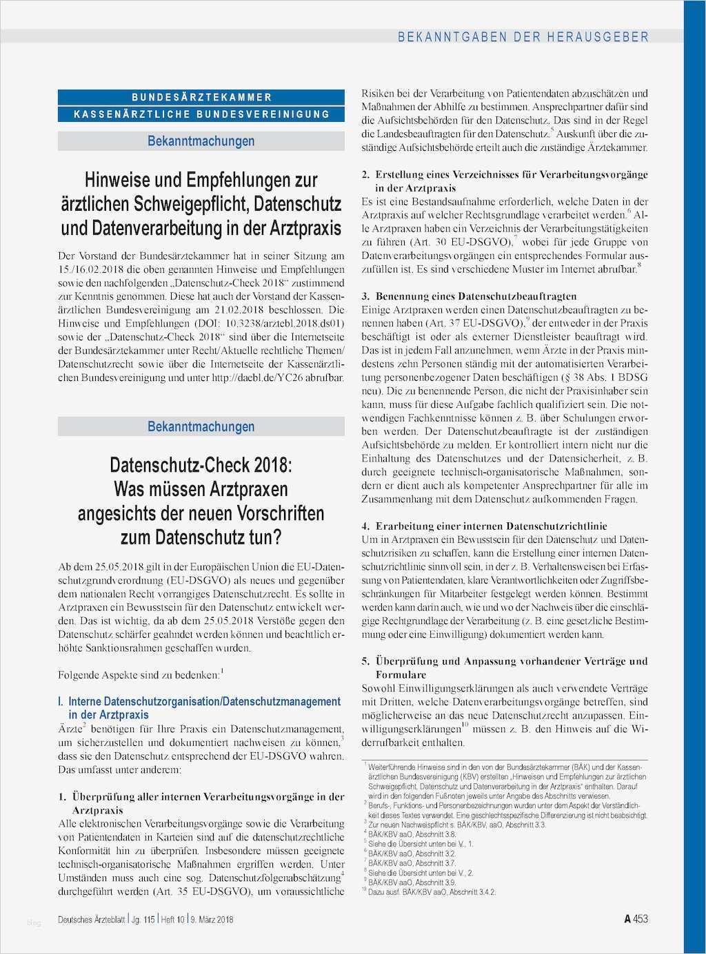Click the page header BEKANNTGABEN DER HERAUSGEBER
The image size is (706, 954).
pyautogui.click(x=523, y=37)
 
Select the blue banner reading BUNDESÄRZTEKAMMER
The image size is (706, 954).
pyautogui.click(x=201, y=97)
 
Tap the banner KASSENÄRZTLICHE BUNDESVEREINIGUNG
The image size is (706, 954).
pyautogui.click(x=201, y=114)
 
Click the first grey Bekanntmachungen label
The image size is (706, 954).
pyautogui.click(x=201, y=141)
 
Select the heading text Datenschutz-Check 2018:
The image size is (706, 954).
pyautogui.click(x=201, y=465)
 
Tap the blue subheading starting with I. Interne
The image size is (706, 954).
pyautogui.click(x=200, y=708)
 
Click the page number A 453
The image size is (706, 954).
pyautogui.click(x=636, y=919)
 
